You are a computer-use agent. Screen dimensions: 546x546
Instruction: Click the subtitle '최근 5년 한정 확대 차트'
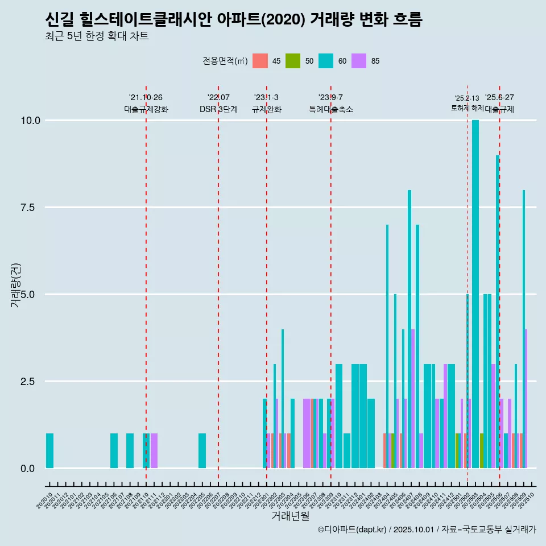97,36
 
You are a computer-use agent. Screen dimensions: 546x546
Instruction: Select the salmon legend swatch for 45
260,61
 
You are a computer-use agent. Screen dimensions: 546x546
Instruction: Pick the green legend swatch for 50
293,61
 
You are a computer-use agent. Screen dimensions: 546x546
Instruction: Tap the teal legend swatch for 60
326,61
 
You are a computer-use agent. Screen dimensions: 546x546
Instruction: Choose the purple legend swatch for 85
359,61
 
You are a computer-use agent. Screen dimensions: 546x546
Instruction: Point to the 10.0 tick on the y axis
31,121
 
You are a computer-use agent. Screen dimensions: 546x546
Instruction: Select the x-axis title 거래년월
290,516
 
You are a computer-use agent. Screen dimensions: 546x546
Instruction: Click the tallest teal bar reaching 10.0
475,294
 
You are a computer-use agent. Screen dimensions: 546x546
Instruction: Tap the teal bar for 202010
49,451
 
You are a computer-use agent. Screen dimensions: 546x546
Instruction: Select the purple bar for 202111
154,451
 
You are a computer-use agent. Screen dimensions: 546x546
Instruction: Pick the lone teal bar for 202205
202,451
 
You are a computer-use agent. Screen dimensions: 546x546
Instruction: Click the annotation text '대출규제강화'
146,109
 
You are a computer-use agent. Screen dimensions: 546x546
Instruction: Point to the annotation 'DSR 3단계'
218,109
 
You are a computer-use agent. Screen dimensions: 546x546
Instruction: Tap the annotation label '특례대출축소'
331,109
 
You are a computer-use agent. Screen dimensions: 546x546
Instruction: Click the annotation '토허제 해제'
467,107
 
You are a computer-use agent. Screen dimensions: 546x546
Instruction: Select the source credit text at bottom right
427,530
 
